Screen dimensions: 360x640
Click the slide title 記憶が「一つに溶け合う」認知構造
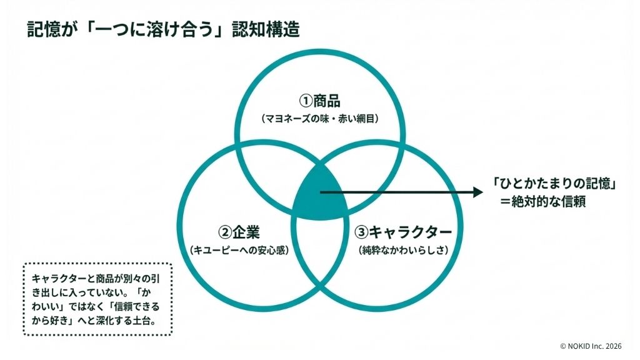[x=163, y=29]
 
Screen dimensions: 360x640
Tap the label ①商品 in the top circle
[x=320, y=101]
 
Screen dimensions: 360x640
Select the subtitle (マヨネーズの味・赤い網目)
[x=320, y=118]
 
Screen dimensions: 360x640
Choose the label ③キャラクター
[x=403, y=232]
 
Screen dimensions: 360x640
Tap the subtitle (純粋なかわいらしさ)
[x=404, y=250]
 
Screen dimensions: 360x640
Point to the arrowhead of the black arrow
[x=478, y=192]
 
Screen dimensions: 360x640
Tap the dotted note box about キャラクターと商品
[x=97, y=299]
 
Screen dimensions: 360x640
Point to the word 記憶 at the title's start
[x=41, y=29]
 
